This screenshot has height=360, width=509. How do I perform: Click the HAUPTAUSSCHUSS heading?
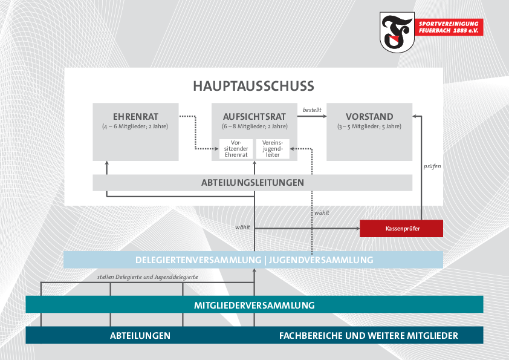pyautogui.click(x=253, y=86)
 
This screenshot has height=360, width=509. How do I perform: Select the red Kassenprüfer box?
pyautogui.click(x=401, y=229)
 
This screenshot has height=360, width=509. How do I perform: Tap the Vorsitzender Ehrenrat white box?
pyautogui.click(x=236, y=149)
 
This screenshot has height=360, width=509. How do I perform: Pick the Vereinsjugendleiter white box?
pyautogui.click(x=273, y=149)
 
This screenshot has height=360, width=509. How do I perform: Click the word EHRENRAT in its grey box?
pyautogui.click(x=135, y=117)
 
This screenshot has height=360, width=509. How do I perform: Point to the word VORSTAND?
pyautogui.click(x=369, y=117)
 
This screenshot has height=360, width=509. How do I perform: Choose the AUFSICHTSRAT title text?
pyautogui.click(x=254, y=117)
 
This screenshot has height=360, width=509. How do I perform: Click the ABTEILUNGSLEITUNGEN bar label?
pyautogui.click(x=253, y=183)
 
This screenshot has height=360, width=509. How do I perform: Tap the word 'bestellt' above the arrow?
pyautogui.click(x=312, y=110)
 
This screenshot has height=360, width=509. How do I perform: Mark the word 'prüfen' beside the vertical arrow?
pyautogui.click(x=432, y=166)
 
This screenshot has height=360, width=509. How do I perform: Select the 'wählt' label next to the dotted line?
pyautogui.click(x=322, y=213)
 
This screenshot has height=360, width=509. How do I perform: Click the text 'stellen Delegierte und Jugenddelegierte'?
pyautogui.click(x=148, y=277)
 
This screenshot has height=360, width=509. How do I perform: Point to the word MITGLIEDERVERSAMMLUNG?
pyautogui.click(x=254, y=306)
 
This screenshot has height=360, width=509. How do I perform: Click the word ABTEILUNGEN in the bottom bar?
pyautogui.click(x=140, y=336)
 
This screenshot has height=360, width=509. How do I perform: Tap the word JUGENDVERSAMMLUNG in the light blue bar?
pyautogui.click(x=321, y=260)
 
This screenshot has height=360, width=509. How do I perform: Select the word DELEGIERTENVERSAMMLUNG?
pyautogui.click(x=198, y=260)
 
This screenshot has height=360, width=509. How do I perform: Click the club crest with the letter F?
pyautogui.click(x=397, y=32)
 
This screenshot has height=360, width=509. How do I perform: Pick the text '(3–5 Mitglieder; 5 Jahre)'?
pyautogui.click(x=369, y=126)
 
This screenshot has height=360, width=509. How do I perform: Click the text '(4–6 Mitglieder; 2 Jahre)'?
pyautogui.click(x=135, y=126)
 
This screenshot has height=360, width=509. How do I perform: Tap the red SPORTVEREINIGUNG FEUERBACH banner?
pyautogui.click(x=449, y=27)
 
